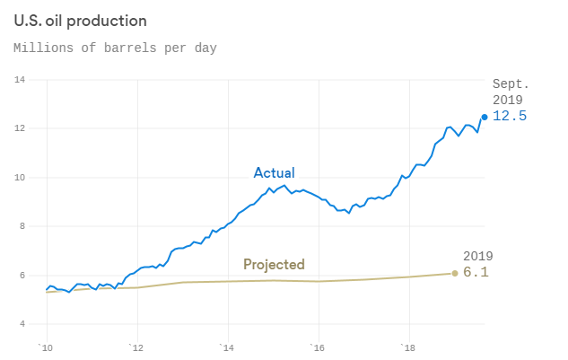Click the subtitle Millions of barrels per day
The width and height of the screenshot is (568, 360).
click(x=115, y=47)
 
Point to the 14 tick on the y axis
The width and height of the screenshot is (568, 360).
click(x=19, y=80)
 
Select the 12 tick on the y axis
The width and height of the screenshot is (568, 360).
click(x=19, y=128)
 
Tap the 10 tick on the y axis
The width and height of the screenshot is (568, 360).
click(x=19, y=178)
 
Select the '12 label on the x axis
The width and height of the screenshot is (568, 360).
click(x=135, y=347)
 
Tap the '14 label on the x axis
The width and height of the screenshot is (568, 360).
click(x=227, y=347)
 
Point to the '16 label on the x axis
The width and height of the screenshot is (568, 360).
click(x=318, y=347)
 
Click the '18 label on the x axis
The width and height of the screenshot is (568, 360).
click(x=408, y=347)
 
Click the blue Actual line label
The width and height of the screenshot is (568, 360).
click(x=274, y=172)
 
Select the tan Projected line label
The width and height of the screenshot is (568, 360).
click(x=274, y=265)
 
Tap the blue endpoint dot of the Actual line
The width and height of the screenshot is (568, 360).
click(x=485, y=117)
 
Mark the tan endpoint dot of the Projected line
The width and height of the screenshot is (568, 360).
click(x=455, y=273)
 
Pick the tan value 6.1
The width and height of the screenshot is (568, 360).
click(x=476, y=273)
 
